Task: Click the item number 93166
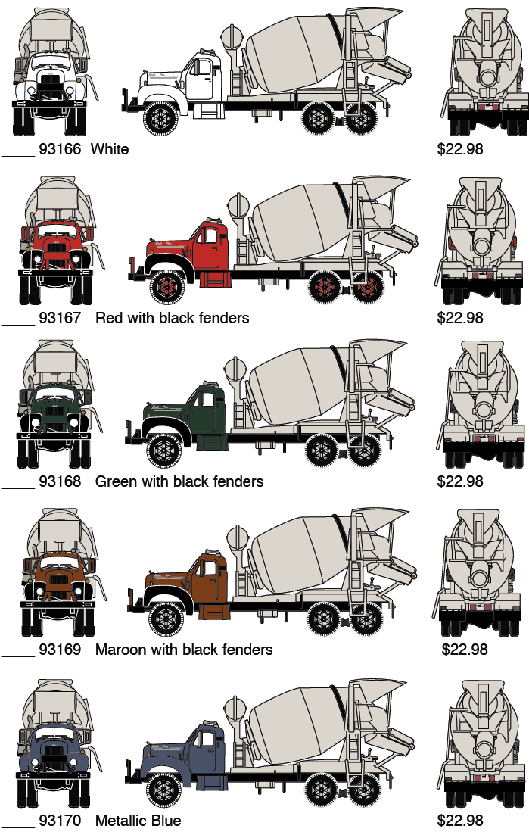pyautogui.click(x=60, y=148)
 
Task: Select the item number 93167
pyautogui.click(x=60, y=318)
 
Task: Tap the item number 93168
pyautogui.click(x=60, y=481)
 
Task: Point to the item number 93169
pyautogui.click(x=60, y=650)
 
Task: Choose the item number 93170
pyautogui.click(x=60, y=821)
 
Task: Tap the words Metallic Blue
pyautogui.click(x=138, y=821)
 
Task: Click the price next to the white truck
pyautogui.click(x=460, y=148)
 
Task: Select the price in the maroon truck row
pyautogui.click(x=464, y=650)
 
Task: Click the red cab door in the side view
pyautogui.click(x=210, y=248)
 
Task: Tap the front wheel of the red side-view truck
pyautogui.click(x=167, y=287)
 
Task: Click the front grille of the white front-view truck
pyautogui.click(x=50, y=84)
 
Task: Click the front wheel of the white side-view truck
pyautogui.click(x=160, y=118)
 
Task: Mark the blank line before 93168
pyautogui.click(x=17, y=487)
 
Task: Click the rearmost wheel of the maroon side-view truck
pyautogui.click(x=366, y=619)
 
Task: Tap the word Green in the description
pyautogui.click(x=114, y=481)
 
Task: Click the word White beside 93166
pyautogui.click(x=110, y=148)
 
